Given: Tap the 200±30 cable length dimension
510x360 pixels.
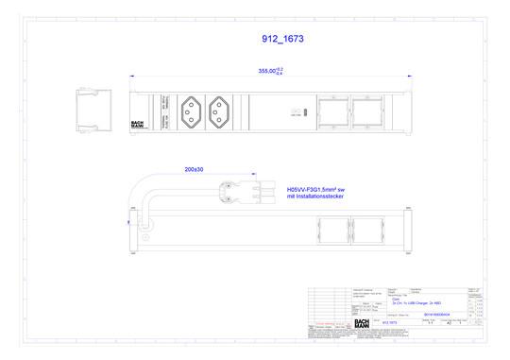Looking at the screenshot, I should click(x=195, y=169).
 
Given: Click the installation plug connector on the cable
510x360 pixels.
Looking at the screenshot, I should click(x=247, y=190).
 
